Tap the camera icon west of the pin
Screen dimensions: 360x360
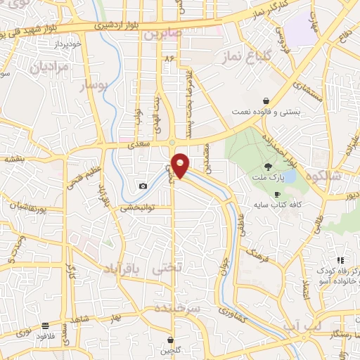[143, 186]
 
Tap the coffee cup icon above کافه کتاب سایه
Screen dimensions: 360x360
[277, 193]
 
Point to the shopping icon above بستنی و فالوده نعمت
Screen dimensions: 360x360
[266, 101]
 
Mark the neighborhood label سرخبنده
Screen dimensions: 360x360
[179, 309]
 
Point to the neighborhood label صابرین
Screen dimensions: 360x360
[162, 33]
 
